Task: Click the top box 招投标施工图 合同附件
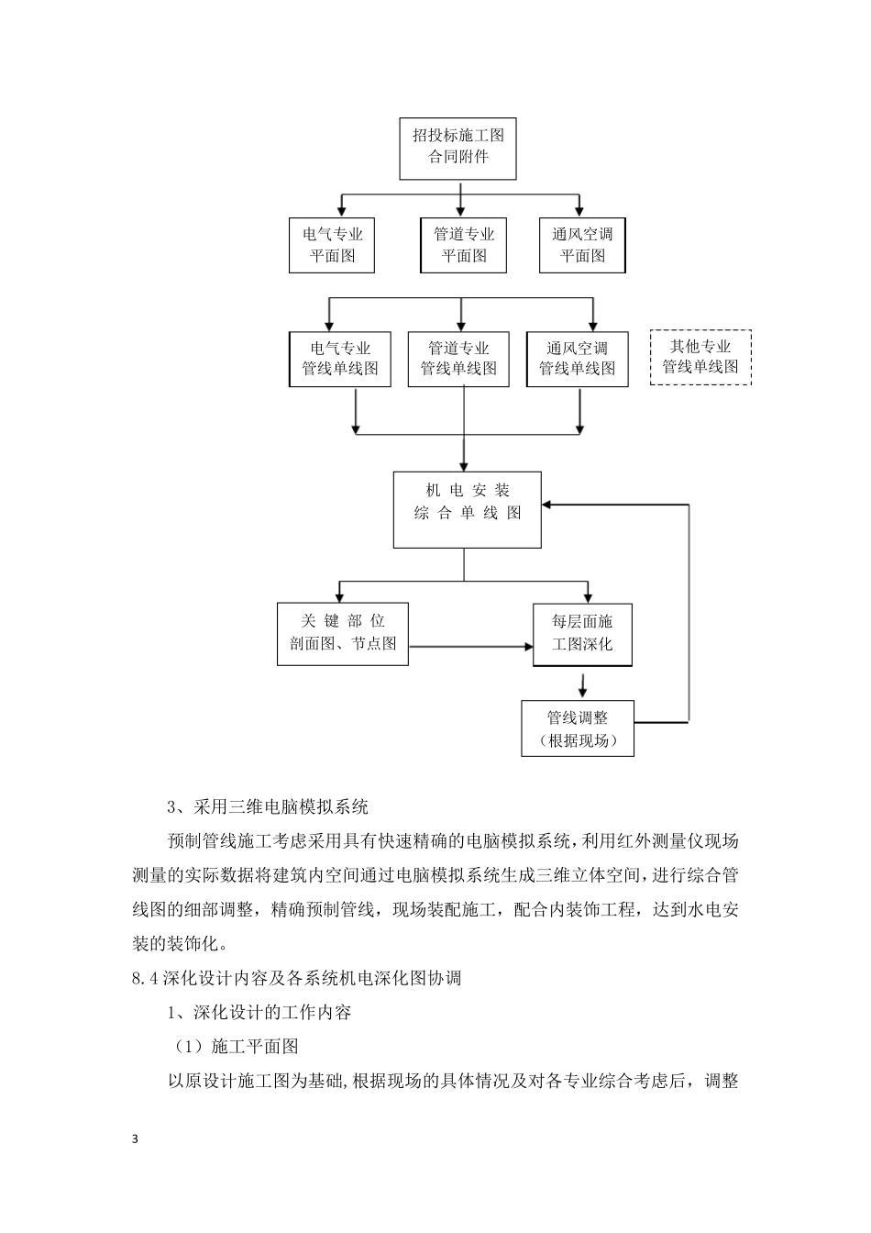coord(458,147)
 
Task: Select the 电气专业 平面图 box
coord(333,245)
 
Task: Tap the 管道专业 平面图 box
coord(464,245)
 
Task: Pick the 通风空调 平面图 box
coord(582,245)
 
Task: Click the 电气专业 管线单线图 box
coord(340,359)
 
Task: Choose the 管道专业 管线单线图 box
coord(458,359)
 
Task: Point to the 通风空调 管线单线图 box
coord(577,359)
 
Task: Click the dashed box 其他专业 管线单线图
coord(700,358)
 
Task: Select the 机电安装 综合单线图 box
coord(467,510)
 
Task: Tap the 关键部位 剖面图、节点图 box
coord(343,633)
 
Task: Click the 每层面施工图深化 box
coord(582,633)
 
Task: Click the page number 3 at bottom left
coord(136,1139)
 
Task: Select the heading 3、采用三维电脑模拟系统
coord(268,807)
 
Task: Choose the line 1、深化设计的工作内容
coord(259,1013)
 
